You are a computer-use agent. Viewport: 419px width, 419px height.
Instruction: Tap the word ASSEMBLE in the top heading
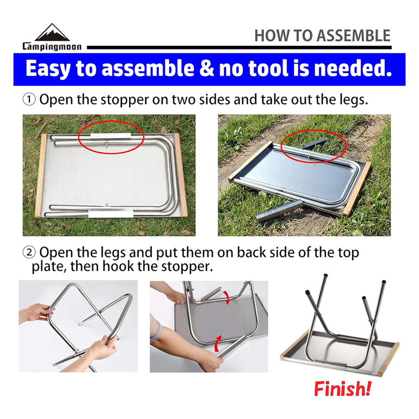coord(354,36)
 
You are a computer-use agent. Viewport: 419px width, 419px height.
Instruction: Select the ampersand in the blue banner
coord(207,68)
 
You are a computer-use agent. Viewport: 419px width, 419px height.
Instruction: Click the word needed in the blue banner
coord(353,68)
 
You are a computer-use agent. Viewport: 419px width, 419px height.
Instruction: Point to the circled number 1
coord(29,100)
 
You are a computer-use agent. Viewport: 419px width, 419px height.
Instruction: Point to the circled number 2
coord(29,252)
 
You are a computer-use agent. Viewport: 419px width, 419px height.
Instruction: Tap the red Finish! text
coord(342,389)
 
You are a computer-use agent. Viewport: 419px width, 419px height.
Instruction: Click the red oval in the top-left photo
coord(111,122)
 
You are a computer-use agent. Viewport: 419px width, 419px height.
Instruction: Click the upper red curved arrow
coord(227,298)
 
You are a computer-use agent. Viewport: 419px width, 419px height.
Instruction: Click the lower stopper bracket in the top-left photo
coord(110,213)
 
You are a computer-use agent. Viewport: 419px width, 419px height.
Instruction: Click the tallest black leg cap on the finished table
coord(325,276)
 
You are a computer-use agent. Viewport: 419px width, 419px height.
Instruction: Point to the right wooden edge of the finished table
coord(389,359)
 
